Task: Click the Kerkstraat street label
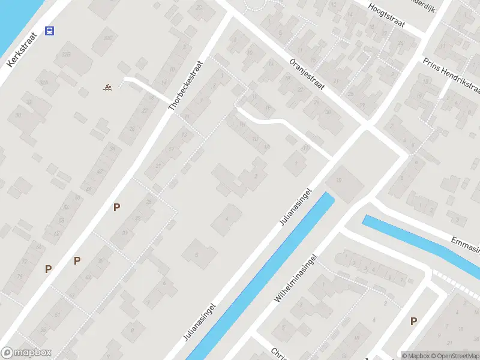click(22, 50)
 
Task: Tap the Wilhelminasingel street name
click(295, 277)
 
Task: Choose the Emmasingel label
click(467, 244)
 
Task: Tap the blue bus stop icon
click(50, 31)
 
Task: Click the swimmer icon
click(107, 88)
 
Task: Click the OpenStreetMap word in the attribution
click(457, 355)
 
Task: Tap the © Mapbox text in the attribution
click(416, 355)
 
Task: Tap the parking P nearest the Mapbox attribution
click(413, 322)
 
